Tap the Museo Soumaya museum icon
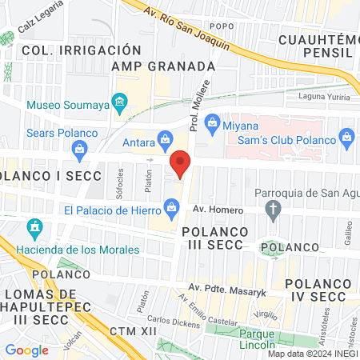pos(119,102)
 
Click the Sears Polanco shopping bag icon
pos(79,147)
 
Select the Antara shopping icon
pos(165,138)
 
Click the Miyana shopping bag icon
pos(212,121)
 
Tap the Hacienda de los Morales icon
pos(34,230)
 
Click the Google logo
pos(26,350)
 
